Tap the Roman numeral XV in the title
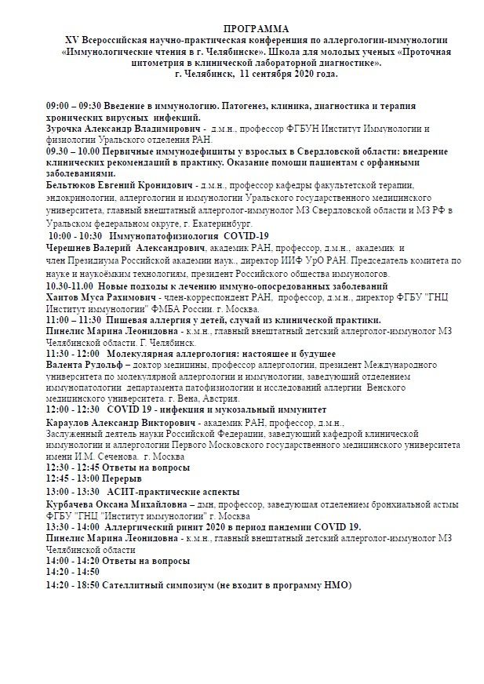(72, 38)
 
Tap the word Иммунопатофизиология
(164, 235)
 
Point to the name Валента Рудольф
(90, 365)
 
